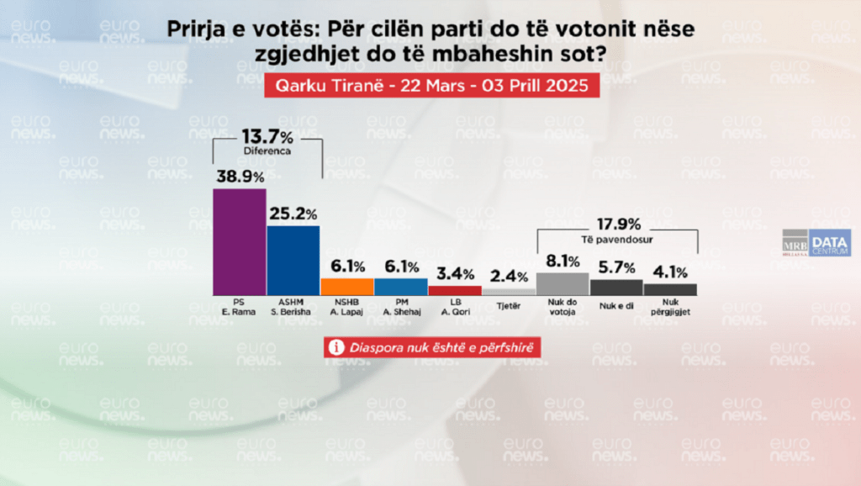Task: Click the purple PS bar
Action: click(240, 241)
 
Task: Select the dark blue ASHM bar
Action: click(293, 260)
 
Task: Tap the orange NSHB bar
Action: click(347, 287)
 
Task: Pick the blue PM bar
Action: click(401, 287)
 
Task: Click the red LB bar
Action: click(454, 290)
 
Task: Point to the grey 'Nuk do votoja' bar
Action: click(562, 283)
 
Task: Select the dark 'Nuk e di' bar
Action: click(616, 287)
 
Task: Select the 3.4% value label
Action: click(454, 273)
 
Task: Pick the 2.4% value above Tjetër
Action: click(508, 277)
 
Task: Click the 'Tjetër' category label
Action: click(508, 305)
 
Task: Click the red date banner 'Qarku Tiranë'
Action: click(431, 86)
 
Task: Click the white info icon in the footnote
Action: click(335, 346)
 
